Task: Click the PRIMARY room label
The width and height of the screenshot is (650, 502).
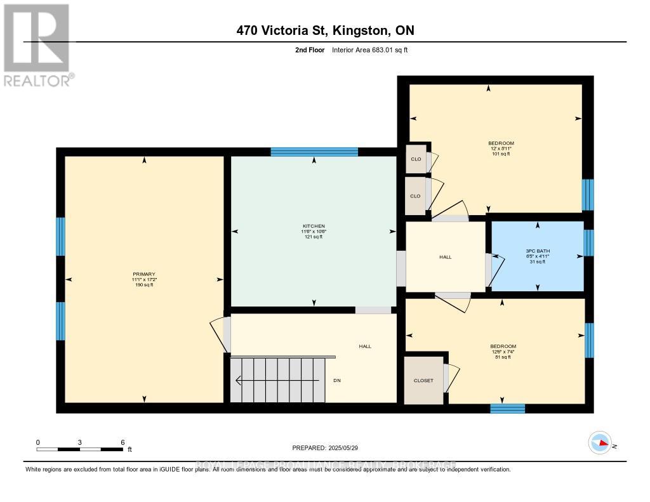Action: tap(144, 274)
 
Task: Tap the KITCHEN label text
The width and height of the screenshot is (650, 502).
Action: tap(314, 226)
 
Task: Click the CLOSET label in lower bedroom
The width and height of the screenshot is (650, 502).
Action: tap(423, 380)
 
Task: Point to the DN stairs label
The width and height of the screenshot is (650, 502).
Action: tap(338, 381)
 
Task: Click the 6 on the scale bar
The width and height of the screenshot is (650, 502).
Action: tap(123, 442)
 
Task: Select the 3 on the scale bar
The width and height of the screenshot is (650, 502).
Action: tap(80, 442)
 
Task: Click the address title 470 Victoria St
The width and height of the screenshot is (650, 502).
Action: tap(324, 30)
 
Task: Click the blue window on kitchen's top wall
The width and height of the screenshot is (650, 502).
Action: tap(314, 152)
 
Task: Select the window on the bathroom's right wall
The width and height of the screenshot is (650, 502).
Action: tap(588, 242)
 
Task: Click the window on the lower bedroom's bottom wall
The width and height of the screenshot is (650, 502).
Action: tap(507, 408)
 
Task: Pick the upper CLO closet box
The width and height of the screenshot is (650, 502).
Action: tap(416, 159)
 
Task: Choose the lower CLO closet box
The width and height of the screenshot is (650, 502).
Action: tap(416, 195)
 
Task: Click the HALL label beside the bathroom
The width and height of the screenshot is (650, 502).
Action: tap(445, 256)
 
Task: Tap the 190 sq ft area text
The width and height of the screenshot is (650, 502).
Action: tap(144, 285)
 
